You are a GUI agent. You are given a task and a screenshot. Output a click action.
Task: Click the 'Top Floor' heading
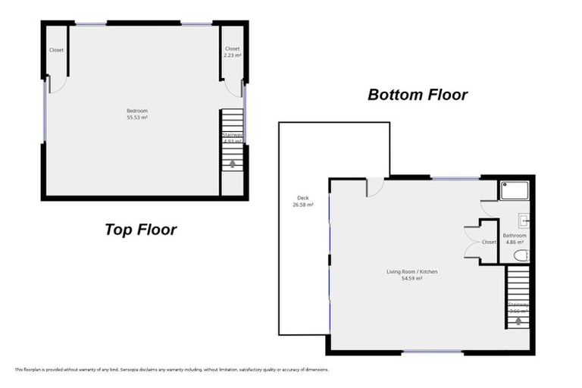pos(140,230)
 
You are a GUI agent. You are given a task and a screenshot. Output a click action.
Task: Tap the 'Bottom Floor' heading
pos(418,95)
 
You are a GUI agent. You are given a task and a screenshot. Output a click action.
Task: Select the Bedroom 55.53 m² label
pos(136,114)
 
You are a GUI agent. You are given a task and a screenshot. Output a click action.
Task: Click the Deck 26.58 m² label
pos(303,202)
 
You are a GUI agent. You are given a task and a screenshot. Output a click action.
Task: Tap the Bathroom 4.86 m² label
pos(515,239)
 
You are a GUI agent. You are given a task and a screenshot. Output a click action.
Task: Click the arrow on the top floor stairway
pos(232,162)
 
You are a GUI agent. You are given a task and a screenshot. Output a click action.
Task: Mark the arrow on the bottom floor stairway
pos(518,321)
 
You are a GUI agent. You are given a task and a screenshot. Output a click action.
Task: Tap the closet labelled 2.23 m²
pos(232,52)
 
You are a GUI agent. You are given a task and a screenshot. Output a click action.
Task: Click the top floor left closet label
pos(56,50)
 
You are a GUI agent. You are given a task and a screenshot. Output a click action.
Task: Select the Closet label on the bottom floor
pos(489,242)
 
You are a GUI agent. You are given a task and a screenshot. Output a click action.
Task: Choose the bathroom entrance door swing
pos(487,207)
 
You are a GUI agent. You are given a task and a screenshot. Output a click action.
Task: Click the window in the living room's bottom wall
pos(432,352)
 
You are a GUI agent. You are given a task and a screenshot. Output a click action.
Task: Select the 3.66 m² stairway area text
pos(518,311)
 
